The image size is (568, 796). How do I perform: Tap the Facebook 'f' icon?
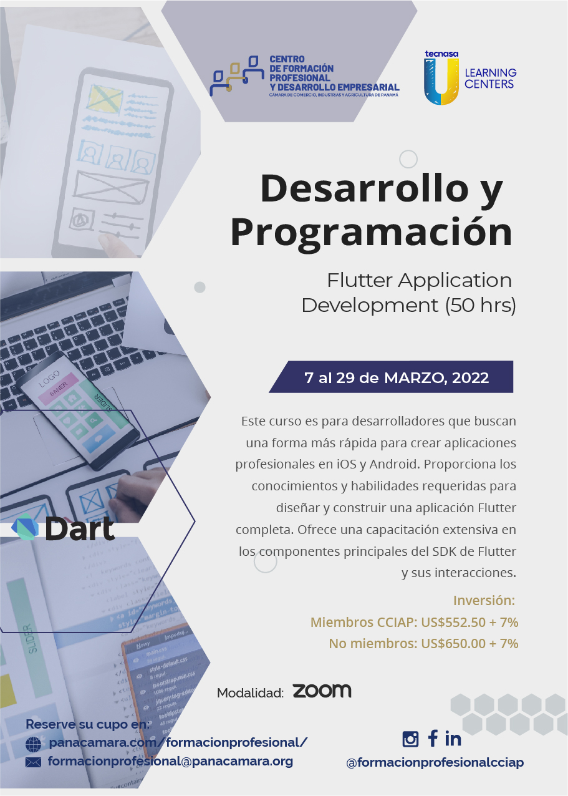pyautogui.click(x=432, y=739)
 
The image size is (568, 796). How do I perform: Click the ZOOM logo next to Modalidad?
pyautogui.click(x=322, y=691)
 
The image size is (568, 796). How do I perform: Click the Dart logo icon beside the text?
pyautogui.click(x=26, y=528)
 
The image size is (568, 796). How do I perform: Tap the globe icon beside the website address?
pyautogui.click(x=33, y=744)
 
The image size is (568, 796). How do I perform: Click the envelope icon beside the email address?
pyautogui.click(x=33, y=762)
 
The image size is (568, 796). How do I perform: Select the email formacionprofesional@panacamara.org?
pyautogui.click(x=170, y=761)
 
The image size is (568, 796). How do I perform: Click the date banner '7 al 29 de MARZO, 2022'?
pyautogui.click(x=396, y=377)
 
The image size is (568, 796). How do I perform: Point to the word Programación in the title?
pyautogui.click(x=371, y=232)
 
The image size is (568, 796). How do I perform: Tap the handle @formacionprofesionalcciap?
pyautogui.click(x=435, y=762)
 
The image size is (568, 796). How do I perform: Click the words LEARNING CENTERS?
pyautogui.click(x=490, y=79)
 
